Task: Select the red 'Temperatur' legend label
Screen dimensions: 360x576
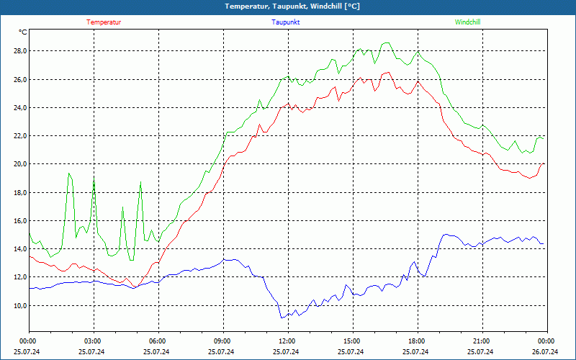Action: (x=104, y=22)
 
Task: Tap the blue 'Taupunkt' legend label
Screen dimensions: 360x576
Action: (x=286, y=22)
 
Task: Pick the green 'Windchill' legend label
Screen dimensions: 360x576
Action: (x=467, y=22)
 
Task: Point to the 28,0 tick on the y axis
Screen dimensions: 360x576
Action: (x=19, y=51)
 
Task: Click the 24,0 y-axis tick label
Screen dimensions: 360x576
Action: (x=19, y=108)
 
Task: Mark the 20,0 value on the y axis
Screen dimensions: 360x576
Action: (x=19, y=164)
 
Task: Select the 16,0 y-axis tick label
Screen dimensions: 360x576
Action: (x=19, y=221)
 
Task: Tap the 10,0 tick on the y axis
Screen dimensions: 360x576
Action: (x=19, y=305)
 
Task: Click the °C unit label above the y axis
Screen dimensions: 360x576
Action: (x=23, y=32)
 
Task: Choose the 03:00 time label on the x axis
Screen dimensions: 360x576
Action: (x=93, y=341)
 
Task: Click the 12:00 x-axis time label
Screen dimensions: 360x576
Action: (x=287, y=341)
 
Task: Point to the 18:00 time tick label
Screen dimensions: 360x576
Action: (x=416, y=341)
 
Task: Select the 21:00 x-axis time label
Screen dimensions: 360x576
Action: (x=481, y=341)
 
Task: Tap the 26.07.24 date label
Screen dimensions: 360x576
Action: (x=545, y=352)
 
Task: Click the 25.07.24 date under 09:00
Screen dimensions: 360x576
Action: (x=222, y=352)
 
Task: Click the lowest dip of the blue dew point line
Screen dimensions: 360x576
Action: (x=283, y=318)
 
